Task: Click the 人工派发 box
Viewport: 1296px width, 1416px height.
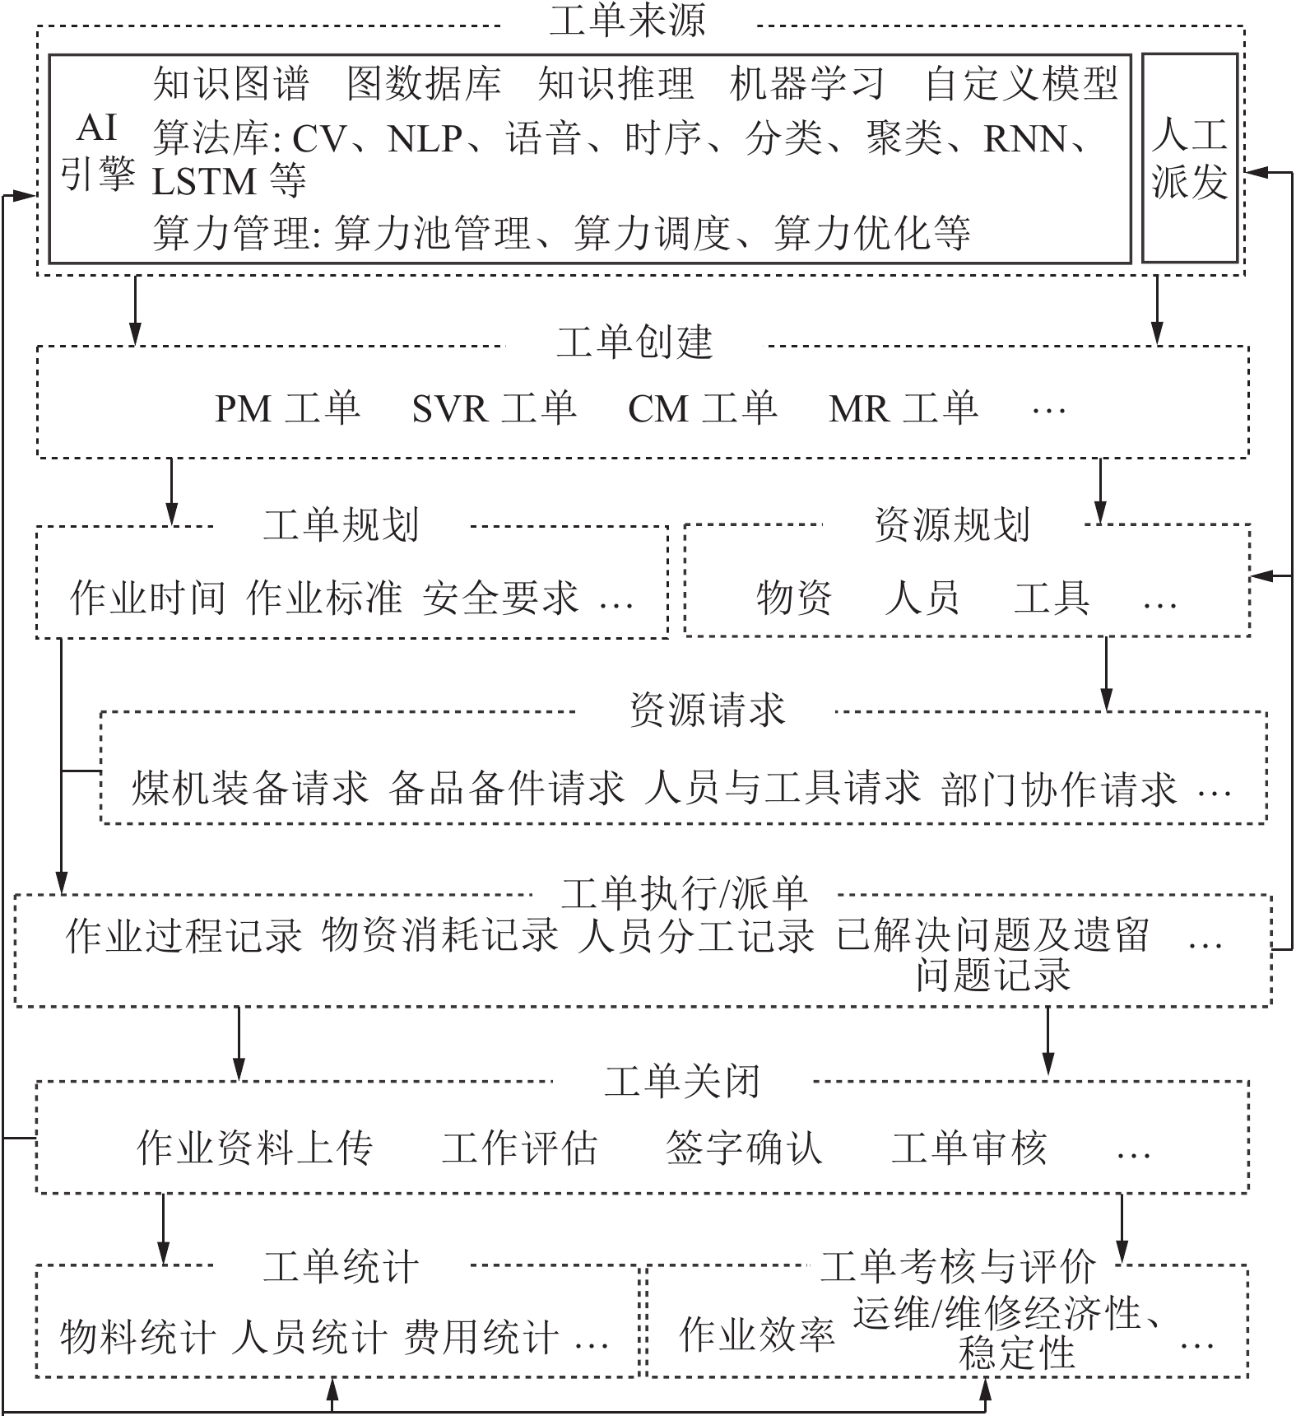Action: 1189,158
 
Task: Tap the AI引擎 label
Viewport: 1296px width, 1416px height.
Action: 97,151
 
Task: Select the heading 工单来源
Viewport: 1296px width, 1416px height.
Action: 627,20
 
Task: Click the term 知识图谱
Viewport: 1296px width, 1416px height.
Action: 231,83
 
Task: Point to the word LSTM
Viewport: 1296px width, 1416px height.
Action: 207,182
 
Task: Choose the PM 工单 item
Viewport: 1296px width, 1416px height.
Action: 287,408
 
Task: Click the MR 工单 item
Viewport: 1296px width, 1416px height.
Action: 903,408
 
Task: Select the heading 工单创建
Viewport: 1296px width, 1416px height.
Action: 634,342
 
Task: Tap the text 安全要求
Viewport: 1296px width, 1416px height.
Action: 500,598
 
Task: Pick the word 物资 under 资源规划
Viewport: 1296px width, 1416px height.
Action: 794,598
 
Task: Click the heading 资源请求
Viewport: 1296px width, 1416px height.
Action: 707,710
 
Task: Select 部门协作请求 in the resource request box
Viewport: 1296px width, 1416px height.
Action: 1059,789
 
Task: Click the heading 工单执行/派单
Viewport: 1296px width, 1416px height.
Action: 684,892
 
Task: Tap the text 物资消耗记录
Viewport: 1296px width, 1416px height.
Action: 440,935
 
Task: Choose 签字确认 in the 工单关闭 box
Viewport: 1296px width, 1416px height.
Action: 743,1148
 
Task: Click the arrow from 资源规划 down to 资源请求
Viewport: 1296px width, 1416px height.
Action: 1106,673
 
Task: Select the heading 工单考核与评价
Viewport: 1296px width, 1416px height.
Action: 958,1268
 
